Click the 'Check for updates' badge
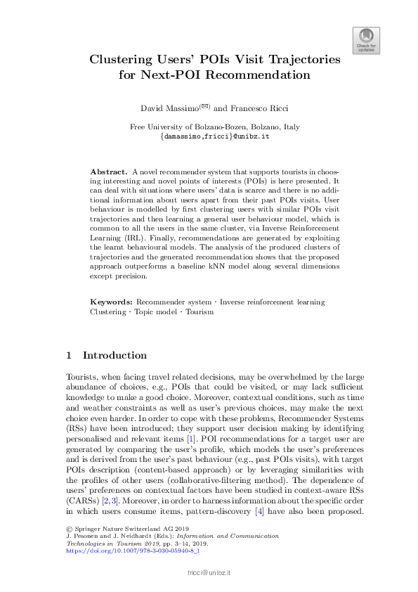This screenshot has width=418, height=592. tap(365, 39)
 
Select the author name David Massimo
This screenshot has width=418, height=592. tap(166, 108)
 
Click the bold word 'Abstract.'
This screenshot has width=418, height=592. tap(109, 172)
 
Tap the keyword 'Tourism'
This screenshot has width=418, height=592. tap(199, 311)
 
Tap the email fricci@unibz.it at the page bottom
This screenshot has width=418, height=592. tap(209, 574)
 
